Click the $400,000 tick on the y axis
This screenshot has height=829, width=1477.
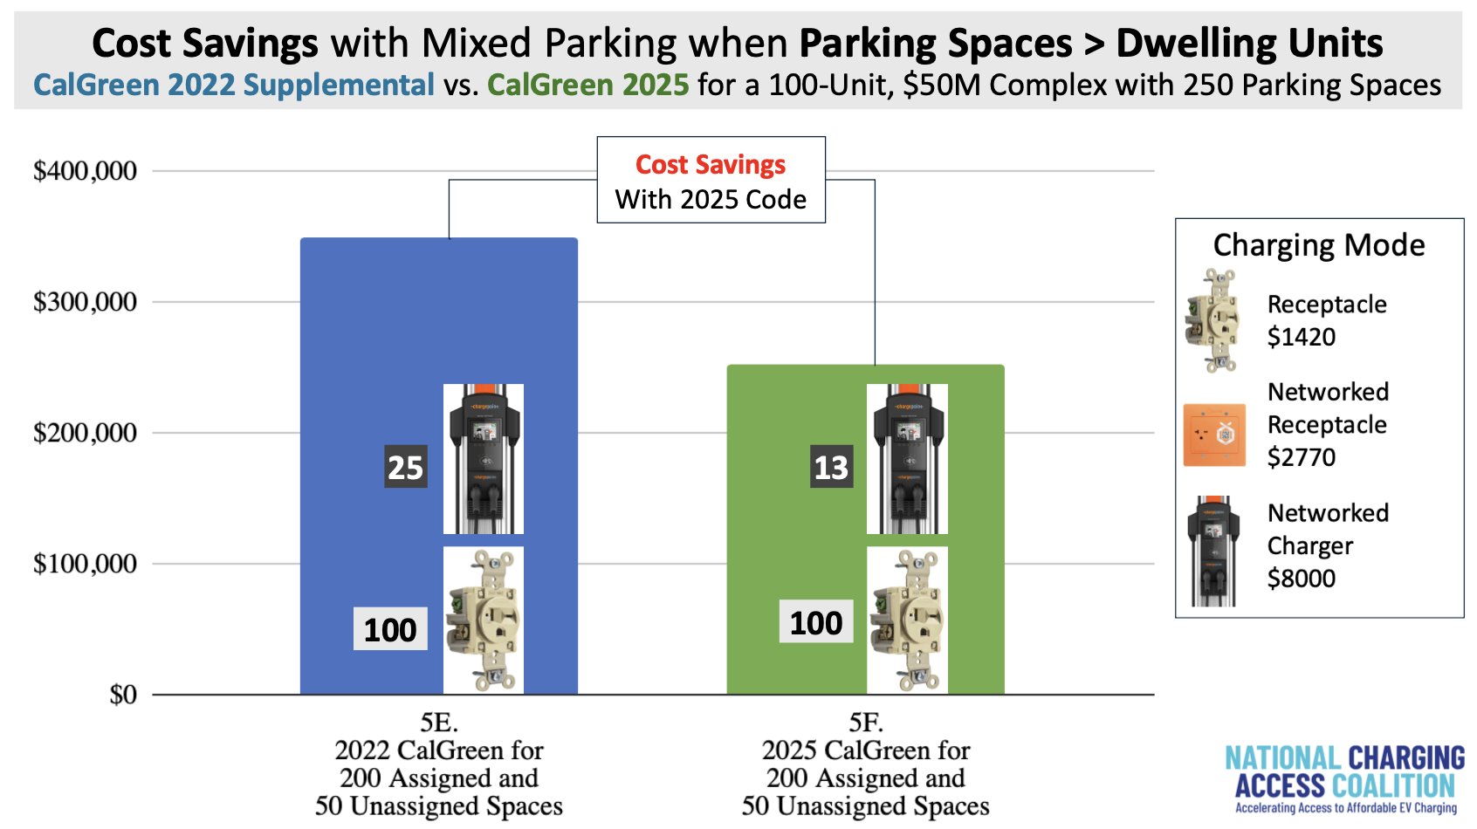pos(85,171)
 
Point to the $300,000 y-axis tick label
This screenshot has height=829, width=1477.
pos(85,303)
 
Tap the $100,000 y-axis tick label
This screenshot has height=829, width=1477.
pos(85,564)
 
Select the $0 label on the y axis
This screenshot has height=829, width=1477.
pos(123,695)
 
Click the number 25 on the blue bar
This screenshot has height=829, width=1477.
pos(406,467)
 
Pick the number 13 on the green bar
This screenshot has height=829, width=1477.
pos(832,467)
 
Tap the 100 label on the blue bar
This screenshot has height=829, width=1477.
pos(390,628)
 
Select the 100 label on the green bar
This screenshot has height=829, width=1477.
pos(816,621)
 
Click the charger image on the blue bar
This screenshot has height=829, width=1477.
pos(484,459)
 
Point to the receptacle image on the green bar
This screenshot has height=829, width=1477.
pos(907,620)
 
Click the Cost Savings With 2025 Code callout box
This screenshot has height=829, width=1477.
pos(711,180)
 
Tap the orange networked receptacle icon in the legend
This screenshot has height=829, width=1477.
pos(1214,435)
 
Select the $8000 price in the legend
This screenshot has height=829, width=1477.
pos(1302,579)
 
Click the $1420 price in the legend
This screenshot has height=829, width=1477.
pos(1302,338)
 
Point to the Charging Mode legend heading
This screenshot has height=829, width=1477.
pos(1319,245)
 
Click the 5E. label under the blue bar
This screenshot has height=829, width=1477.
pos(439,723)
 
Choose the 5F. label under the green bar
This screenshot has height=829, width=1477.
pos(866,723)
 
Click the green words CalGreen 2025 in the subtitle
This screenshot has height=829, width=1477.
pos(588,86)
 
